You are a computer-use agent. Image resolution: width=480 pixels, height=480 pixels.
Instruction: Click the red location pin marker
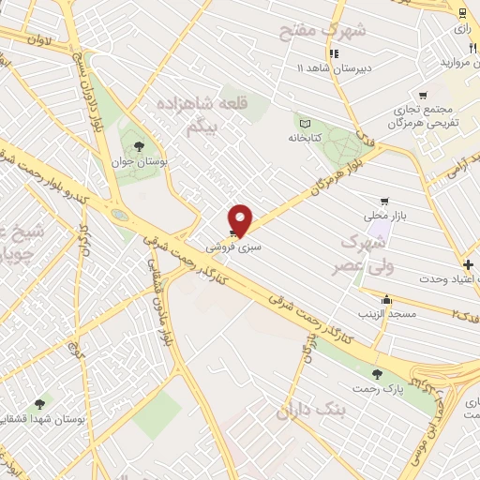[242, 220]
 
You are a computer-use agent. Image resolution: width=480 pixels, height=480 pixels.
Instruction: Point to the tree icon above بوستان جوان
[139, 146]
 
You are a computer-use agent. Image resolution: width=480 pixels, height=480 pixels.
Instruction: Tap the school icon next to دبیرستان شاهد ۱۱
[333, 52]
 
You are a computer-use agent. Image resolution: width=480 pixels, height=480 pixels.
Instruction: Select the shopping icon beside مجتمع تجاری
[422, 95]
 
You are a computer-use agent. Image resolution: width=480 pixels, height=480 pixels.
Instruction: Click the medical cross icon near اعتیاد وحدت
[468, 265]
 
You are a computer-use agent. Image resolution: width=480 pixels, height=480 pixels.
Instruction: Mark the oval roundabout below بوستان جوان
[119, 214]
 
